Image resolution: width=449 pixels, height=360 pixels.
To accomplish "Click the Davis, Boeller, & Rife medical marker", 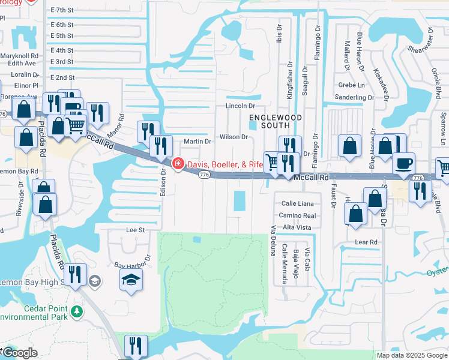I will click(178, 163).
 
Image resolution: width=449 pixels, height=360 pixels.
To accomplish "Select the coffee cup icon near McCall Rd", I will click(403, 163).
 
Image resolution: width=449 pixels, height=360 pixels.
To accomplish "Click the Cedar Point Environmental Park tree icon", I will click(76, 311).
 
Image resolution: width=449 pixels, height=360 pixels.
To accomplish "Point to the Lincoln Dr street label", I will click(240, 106).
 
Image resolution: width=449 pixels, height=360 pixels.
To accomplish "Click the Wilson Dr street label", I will click(234, 137).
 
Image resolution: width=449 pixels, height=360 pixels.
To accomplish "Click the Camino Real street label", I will click(297, 215).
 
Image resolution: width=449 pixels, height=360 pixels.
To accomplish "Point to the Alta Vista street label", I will click(297, 227).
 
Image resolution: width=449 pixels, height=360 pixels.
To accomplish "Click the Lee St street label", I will click(136, 230).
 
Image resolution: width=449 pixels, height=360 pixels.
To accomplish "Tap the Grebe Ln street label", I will click(351, 85).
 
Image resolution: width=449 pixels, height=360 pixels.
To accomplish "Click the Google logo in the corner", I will click(19, 353).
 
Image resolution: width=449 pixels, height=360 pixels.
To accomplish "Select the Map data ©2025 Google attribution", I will click(411, 355).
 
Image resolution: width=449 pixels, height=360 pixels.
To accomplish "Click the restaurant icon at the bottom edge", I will click(136, 346).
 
